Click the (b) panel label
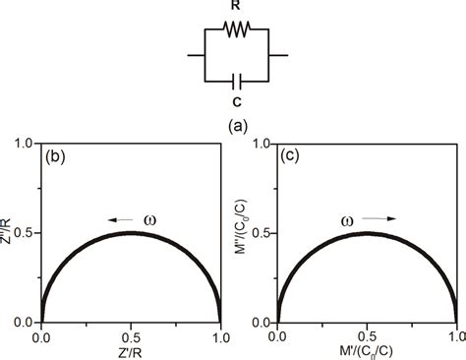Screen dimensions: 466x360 pos(57,156)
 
